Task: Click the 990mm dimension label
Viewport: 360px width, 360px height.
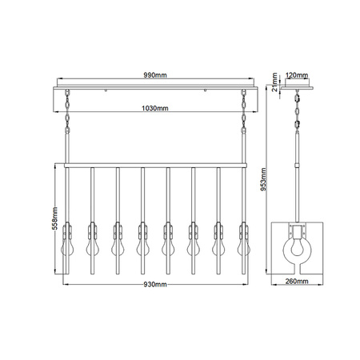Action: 155,75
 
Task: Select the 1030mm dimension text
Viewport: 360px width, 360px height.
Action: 155,108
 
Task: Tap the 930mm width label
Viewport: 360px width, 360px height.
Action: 155,285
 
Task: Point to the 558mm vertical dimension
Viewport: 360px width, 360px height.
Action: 54,218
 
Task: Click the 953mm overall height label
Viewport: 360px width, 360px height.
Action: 263,179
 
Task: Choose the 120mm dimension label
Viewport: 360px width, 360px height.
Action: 297,75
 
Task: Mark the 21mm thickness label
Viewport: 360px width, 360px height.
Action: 274,82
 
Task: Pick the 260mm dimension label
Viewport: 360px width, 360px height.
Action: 297,281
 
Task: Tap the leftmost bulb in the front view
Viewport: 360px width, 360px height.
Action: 67,246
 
